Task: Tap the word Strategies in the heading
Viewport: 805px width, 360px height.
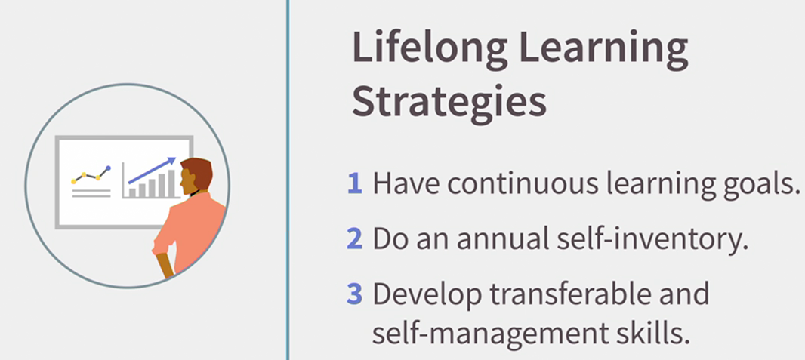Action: (449, 103)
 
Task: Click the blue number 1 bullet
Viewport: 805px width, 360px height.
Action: (355, 184)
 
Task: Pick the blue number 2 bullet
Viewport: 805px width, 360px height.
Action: (355, 239)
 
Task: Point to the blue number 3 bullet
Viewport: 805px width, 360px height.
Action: (355, 294)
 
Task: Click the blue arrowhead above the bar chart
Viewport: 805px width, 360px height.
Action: (171, 161)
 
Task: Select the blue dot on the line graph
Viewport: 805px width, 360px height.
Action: (108, 168)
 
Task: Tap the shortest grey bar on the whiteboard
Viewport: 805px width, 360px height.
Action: (132, 192)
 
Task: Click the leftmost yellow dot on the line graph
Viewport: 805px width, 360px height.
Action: (74, 182)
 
